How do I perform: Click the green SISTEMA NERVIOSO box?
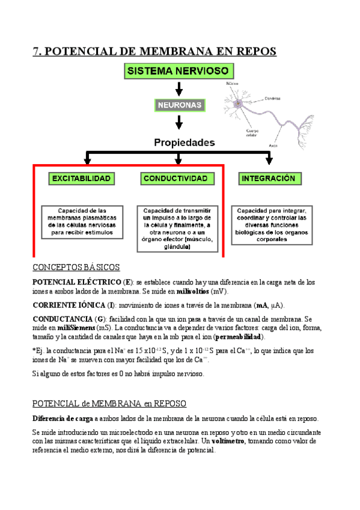[x=178, y=71]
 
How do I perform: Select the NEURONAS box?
[x=178, y=105]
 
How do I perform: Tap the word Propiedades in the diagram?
[x=184, y=143]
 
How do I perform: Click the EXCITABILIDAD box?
[x=81, y=179]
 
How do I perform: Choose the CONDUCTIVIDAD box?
[x=175, y=179]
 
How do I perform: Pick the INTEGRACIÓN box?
[x=268, y=179]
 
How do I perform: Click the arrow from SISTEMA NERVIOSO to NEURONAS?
[x=178, y=88]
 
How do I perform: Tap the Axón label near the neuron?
[x=273, y=146]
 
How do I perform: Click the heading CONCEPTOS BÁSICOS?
[x=76, y=267]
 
